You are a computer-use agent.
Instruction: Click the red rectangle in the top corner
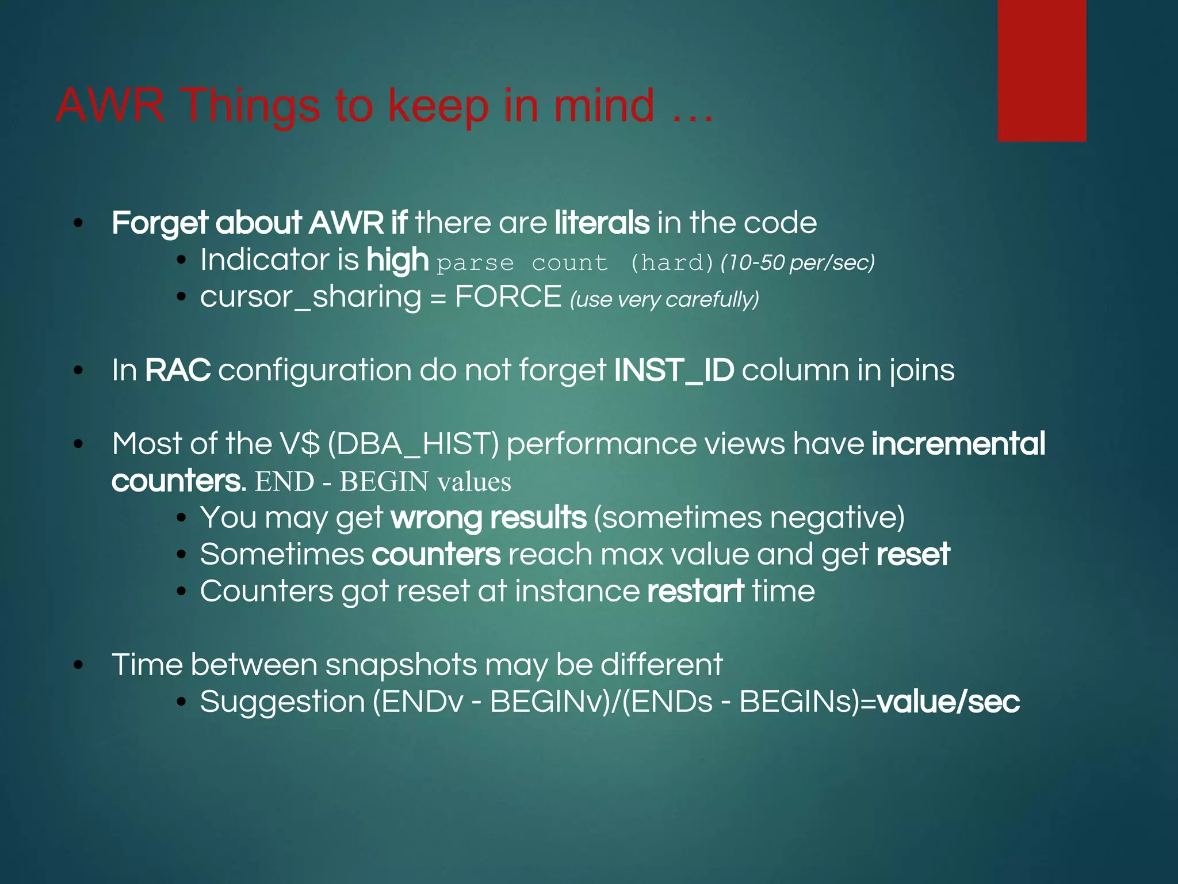click(1042, 70)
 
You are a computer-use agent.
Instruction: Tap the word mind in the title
click(603, 106)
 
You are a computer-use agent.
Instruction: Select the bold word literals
click(602, 223)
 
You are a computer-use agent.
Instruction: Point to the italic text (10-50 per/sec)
click(797, 262)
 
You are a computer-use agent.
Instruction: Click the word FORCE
click(508, 297)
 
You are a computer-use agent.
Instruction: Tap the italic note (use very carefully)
click(664, 299)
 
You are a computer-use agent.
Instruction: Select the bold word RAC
click(177, 370)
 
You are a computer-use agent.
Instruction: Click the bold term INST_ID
click(674, 370)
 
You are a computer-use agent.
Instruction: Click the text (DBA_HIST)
click(413, 444)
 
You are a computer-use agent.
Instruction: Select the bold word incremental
click(958, 444)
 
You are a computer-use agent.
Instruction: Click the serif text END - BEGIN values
click(383, 481)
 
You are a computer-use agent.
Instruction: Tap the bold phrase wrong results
click(488, 517)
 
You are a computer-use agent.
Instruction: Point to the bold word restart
click(695, 591)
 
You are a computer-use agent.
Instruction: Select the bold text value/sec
click(948, 702)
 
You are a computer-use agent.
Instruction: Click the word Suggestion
click(282, 702)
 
